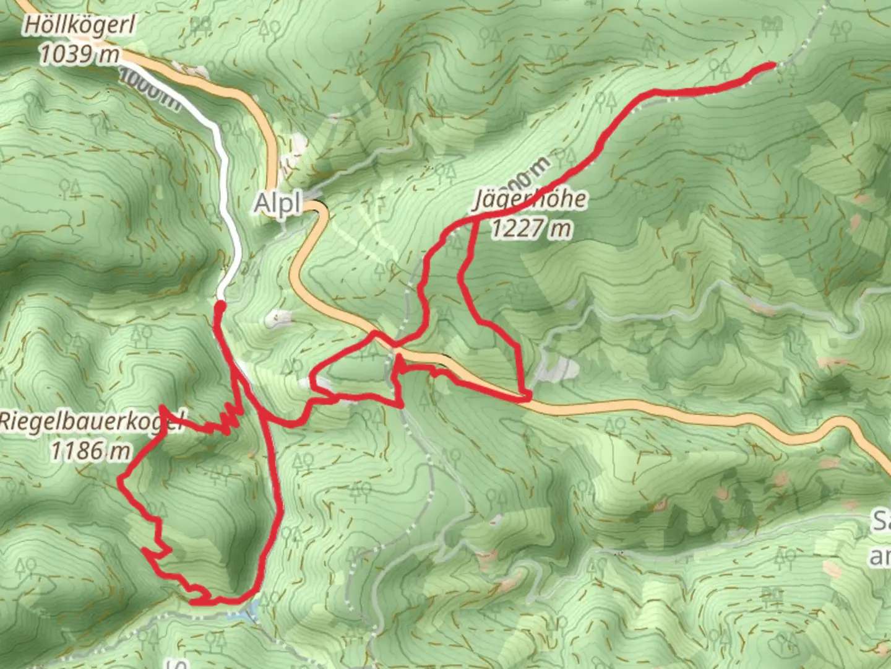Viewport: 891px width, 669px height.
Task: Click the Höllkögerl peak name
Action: pos(79,27)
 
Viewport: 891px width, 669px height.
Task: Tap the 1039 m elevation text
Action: pos(79,55)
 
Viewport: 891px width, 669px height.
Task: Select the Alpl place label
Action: pos(277,204)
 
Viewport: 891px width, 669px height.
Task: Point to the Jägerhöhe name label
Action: pos(530,200)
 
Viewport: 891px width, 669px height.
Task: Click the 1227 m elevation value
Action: pos(530,229)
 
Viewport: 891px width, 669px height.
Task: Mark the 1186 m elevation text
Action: pos(90,450)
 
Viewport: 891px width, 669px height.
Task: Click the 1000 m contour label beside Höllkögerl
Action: pos(149,90)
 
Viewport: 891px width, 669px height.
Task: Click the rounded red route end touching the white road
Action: pos(219,305)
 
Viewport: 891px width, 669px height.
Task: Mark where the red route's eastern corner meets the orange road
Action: pos(526,396)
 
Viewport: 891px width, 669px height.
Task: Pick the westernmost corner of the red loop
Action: pos(120,478)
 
